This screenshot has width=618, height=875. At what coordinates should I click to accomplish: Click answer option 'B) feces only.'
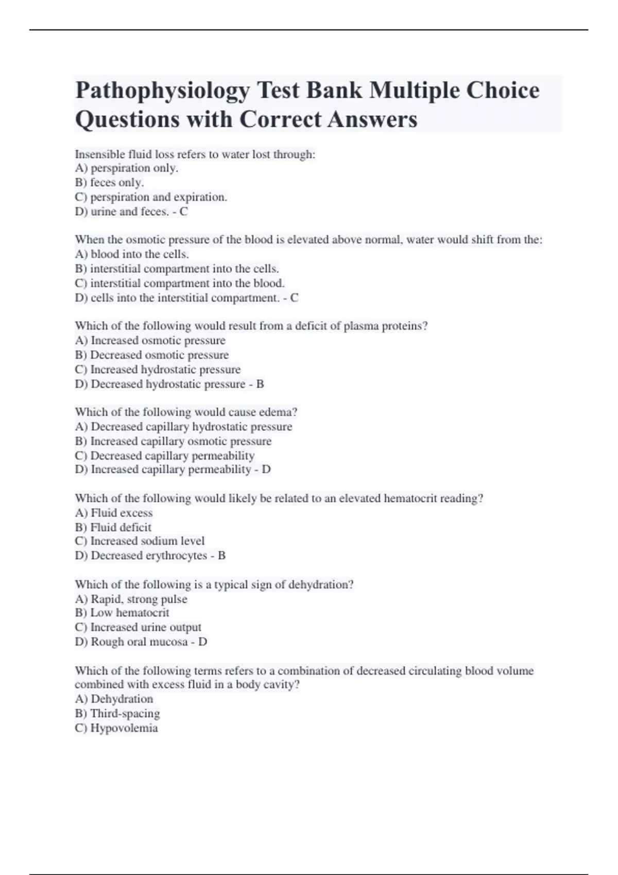[109, 183]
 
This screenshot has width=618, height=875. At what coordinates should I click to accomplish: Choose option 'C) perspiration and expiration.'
[151, 197]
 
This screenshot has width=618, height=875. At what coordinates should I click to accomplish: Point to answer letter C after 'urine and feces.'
[183, 212]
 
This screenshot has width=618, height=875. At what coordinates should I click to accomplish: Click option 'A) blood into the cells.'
[132, 254]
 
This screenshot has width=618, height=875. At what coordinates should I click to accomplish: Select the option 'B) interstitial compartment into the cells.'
[177, 269]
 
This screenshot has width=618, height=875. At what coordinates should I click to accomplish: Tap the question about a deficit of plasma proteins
[251, 326]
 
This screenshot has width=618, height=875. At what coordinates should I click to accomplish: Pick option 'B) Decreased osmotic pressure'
[151, 355]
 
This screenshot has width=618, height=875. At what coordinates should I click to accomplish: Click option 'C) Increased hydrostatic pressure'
[158, 370]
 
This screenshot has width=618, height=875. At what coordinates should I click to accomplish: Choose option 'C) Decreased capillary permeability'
[164, 456]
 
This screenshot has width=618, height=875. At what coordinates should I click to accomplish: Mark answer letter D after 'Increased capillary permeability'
[266, 469]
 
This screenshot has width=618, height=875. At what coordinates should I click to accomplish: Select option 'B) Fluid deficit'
[113, 528]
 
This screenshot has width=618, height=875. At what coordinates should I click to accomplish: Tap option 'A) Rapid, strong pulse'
[131, 599]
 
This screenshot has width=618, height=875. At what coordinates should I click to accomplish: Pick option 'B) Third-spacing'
[117, 714]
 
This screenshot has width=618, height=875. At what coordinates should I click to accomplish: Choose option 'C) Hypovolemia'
[116, 728]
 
